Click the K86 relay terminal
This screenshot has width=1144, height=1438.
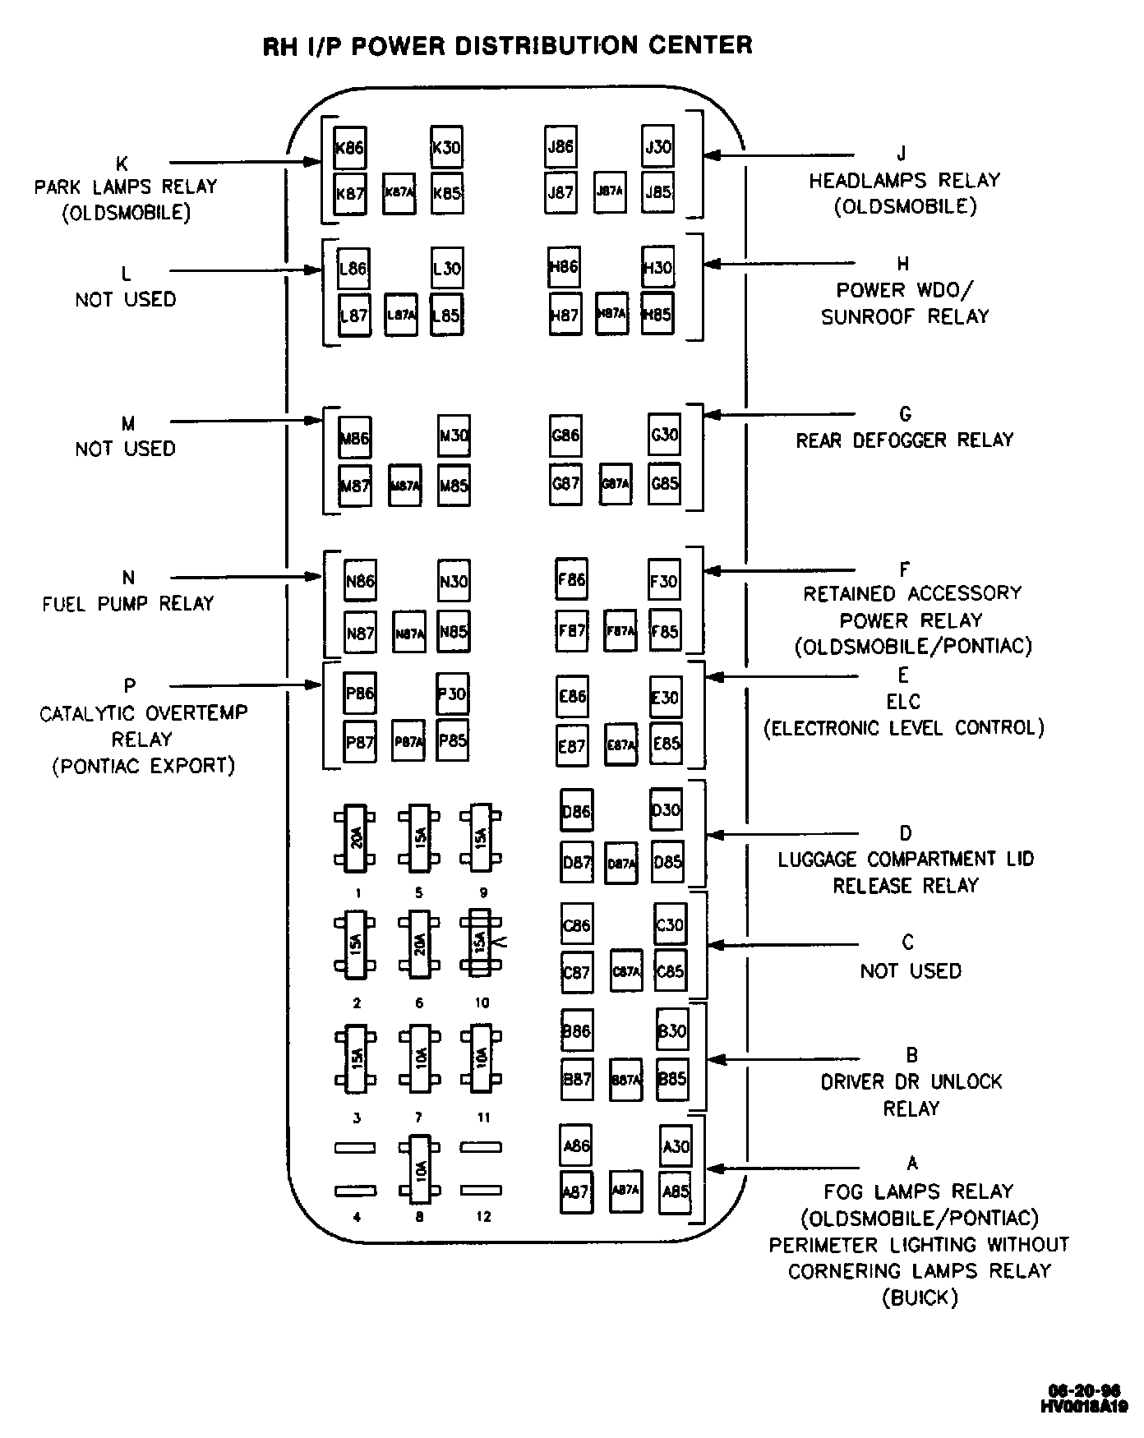click(x=350, y=148)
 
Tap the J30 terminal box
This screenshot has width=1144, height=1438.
click(x=658, y=147)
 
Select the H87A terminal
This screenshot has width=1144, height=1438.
click(x=612, y=313)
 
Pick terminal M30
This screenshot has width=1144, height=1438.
click(x=454, y=436)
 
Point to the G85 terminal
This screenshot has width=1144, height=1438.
click(x=664, y=483)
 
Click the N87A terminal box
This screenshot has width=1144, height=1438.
click(x=409, y=633)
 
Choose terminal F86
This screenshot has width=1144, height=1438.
click(x=571, y=580)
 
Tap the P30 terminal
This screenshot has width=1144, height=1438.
click(x=452, y=694)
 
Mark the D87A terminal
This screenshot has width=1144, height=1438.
click(x=621, y=864)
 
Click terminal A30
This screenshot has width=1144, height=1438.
click(x=676, y=1146)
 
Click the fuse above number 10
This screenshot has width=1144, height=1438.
click(x=481, y=942)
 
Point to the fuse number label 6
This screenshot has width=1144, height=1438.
click(x=419, y=1003)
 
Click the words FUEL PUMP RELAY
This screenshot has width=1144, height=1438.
click(x=128, y=604)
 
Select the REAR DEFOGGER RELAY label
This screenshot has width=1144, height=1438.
click(x=905, y=440)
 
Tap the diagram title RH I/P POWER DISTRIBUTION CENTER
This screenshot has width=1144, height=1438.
click(x=507, y=45)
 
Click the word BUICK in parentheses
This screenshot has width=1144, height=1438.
click(x=920, y=1298)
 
